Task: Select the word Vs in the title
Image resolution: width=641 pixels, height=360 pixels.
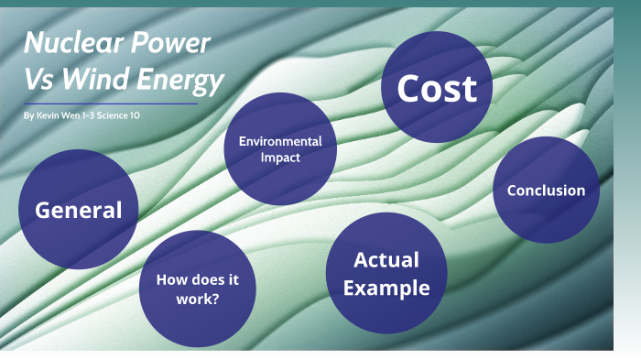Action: point(39,82)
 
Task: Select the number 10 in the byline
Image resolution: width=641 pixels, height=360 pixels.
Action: point(136,116)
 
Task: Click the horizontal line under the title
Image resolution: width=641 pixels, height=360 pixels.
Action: point(111,104)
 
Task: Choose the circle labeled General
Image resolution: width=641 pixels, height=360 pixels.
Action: point(78,209)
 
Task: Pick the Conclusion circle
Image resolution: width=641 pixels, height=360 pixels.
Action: point(546,191)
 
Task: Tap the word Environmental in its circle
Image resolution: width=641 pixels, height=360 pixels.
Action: point(280,141)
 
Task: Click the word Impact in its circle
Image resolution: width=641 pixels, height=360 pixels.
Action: point(280,158)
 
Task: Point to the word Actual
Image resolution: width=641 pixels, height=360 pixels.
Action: point(386,259)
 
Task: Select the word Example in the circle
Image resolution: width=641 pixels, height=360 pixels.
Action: point(386,288)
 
